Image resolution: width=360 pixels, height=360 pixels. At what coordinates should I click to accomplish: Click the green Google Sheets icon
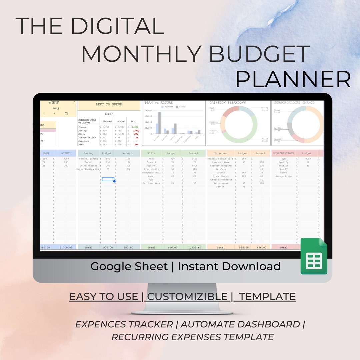(x=314, y=257)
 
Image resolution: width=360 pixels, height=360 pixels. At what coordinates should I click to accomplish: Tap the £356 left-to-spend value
(x=109, y=114)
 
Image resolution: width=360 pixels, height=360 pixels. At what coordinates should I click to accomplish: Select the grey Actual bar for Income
(x=159, y=122)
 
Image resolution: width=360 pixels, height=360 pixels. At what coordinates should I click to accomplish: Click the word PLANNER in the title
(x=293, y=79)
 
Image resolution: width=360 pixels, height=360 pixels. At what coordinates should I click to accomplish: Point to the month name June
(x=54, y=102)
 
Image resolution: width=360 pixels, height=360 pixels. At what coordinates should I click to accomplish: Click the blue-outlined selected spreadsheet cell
(x=108, y=179)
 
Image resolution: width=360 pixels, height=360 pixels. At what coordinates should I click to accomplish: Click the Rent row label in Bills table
(x=151, y=159)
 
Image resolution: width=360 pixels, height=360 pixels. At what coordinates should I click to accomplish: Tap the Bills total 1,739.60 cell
(x=193, y=248)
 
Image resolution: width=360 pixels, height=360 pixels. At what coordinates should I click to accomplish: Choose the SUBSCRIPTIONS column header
(x=283, y=153)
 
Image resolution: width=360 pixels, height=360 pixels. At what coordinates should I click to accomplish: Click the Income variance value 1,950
(x=135, y=127)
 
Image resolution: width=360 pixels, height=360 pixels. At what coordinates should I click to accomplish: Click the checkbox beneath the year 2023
(x=66, y=114)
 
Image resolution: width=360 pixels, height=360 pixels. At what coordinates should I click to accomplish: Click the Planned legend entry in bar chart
(x=168, y=107)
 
